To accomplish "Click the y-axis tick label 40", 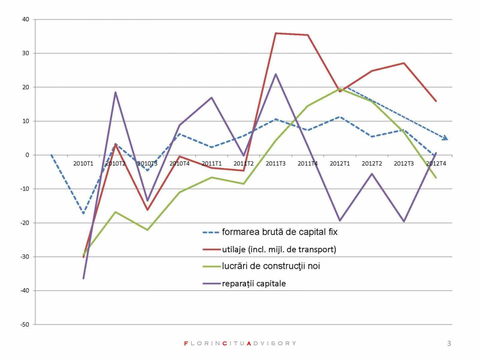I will tap(26, 19).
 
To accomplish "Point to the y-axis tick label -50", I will tap(25, 325).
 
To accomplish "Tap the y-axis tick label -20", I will tap(25, 223).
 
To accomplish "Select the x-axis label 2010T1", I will tap(83, 163).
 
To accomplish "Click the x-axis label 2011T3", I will tap(276, 163).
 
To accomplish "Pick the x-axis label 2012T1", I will tap(340, 163).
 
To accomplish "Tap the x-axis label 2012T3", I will tap(404, 163).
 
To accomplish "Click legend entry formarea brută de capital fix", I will tap(279, 232).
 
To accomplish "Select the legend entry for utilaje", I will tap(279, 249).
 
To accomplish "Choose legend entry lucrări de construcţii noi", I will tap(271, 266).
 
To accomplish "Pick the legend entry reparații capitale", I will tap(254, 284).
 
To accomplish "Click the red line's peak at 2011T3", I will tap(276, 33).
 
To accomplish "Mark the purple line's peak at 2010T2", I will tap(115, 92).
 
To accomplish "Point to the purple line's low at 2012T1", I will tap(340, 221).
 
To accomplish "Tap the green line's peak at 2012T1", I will tap(340, 89).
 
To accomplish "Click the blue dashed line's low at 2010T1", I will tap(83, 213).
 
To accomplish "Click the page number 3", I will tap(449, 343).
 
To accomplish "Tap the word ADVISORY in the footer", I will tap(271, 343).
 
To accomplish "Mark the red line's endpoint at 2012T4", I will tap(436, 101).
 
